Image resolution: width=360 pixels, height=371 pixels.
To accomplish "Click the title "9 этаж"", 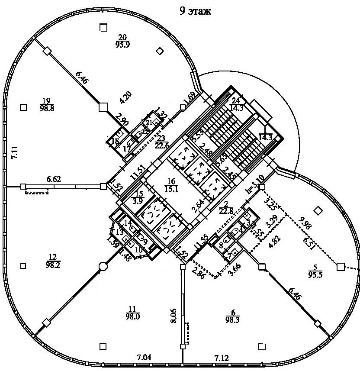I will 196,11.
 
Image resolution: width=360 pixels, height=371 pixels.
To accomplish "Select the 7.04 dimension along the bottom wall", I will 145,357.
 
